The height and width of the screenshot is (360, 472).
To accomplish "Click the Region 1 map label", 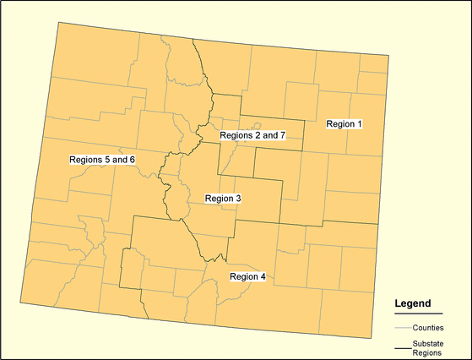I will [344, 124].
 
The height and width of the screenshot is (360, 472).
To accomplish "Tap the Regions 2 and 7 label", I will [253, 135].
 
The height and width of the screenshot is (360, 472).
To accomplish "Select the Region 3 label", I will [224, 199].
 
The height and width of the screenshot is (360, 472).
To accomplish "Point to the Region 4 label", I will [247, 277].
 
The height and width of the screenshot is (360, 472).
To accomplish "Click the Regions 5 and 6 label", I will [102, 160].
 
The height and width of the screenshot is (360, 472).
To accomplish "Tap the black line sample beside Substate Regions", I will [401, 346].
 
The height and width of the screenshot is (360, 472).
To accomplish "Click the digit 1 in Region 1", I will [359, 124].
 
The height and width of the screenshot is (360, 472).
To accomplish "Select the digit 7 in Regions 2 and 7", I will [285, 135].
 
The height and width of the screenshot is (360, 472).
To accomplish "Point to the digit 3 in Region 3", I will [239, 199].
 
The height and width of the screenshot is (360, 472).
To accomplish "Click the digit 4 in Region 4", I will [263, 277].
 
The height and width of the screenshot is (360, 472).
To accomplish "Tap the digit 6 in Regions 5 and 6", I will [132, 160].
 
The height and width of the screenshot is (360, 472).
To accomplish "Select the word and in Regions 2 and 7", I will [269, 135].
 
